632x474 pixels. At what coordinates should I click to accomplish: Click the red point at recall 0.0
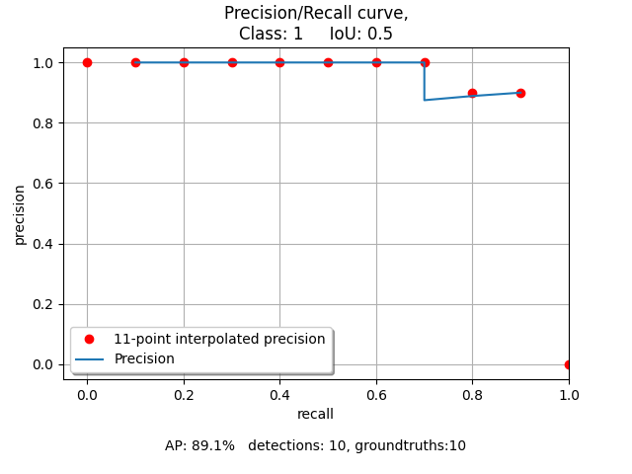87,62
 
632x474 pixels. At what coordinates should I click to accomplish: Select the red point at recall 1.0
569,364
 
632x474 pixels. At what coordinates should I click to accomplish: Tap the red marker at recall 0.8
472,93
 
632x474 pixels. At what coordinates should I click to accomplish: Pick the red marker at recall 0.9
520,93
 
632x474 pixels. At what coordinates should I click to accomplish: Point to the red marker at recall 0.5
328,62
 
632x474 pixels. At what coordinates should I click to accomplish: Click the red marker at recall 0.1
135,62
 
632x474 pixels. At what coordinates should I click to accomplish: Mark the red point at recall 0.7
425,62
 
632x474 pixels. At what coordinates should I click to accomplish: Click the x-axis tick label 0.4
279,396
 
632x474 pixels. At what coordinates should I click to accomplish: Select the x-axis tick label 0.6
376,396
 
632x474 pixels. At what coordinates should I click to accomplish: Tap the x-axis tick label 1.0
569,396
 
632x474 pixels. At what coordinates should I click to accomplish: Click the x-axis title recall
315,414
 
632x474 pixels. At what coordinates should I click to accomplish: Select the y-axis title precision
20,213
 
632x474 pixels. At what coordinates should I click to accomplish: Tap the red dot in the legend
89,339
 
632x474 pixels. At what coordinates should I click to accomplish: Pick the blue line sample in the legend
89,358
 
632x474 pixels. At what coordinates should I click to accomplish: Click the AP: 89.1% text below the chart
199,445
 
